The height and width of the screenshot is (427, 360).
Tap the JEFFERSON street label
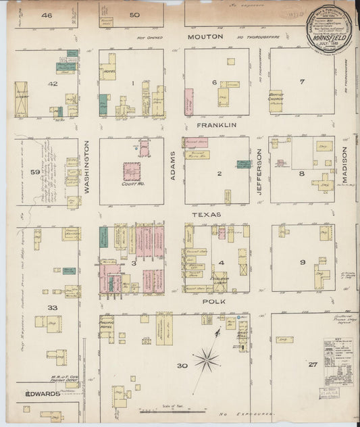[x=259, y=172]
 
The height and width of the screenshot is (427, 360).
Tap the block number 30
[x=182, y=366]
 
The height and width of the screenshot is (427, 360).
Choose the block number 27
[x=312, y=365]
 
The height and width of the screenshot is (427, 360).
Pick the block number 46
[x=46, y=15]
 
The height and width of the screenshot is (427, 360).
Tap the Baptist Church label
[x=276, y=97]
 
